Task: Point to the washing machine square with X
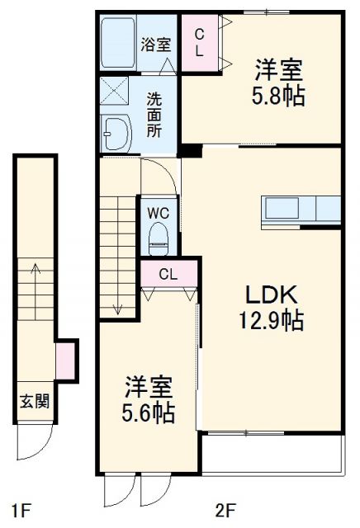[x=112, y=92]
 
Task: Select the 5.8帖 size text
[x=279, y=97]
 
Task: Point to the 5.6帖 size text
[x=149, y=412]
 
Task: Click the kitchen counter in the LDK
[x=301, y=210]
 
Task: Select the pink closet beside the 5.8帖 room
[x=200, y=44]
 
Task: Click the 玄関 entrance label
[x=34, y=402]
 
